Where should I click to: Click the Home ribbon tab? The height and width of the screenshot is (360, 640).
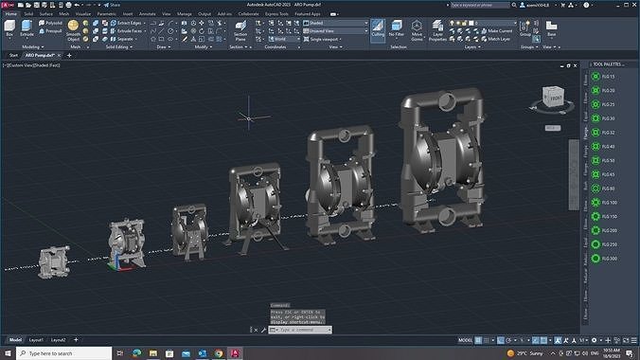tap(11, 14)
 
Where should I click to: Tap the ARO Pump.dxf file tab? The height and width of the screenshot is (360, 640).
tap(41, 55)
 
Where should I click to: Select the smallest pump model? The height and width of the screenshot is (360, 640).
tap(52, 260)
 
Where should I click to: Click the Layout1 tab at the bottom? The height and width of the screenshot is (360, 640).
tap(36, 339)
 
